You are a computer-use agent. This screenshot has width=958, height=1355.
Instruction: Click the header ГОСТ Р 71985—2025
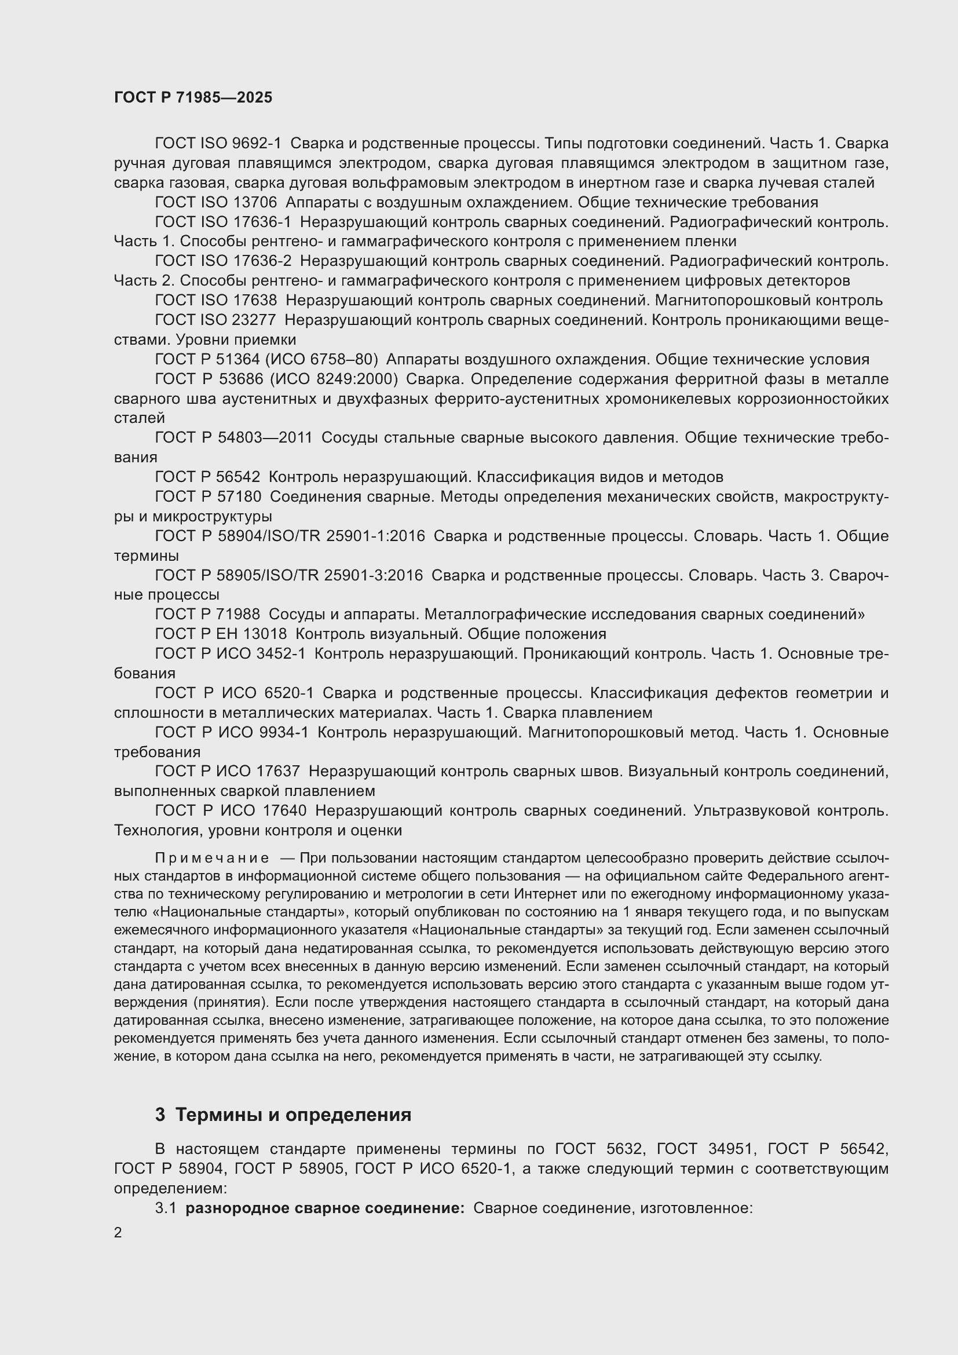(x=193, y=97)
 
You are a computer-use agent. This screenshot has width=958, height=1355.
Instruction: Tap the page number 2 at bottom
(x=118, y=1232)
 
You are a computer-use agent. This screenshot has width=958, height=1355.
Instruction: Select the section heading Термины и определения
(x=293, y=1115)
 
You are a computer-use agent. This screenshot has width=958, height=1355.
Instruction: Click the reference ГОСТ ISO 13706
(x=216, y=202)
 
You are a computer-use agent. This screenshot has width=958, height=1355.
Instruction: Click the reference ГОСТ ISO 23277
(x=215, y=320)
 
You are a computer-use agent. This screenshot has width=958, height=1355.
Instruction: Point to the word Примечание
(x=212, y=857)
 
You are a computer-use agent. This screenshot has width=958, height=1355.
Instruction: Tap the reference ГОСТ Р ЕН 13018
(x=221, y=634)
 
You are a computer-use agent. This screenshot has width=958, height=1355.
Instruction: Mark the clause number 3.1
(x=166, y=1208)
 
